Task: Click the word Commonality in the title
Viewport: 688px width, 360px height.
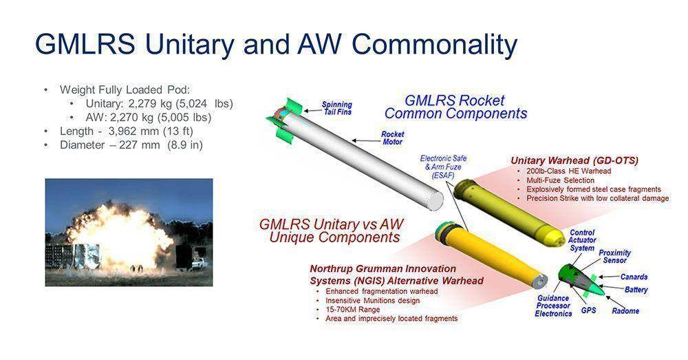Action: (434, 44)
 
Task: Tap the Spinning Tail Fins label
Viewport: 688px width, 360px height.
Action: (337, 108)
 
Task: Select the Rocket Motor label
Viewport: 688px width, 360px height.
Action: (392, 138)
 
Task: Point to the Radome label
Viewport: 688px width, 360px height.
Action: (625, 311)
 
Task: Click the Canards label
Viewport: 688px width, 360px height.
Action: (634, 277)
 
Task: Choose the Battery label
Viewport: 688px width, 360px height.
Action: (636, 290)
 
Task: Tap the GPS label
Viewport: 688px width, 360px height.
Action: (588, 310)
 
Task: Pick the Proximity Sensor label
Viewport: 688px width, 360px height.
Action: (614, 256)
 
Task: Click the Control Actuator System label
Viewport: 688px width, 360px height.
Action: (582, 240)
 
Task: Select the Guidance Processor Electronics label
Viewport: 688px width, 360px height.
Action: (553, 306)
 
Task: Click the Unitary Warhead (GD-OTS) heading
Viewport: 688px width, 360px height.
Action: (574, 160)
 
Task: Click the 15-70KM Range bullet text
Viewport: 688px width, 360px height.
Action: (353, 309)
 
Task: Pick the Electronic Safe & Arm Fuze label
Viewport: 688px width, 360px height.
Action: (443, 167)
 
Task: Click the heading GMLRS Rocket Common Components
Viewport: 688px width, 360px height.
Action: (455, 107)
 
